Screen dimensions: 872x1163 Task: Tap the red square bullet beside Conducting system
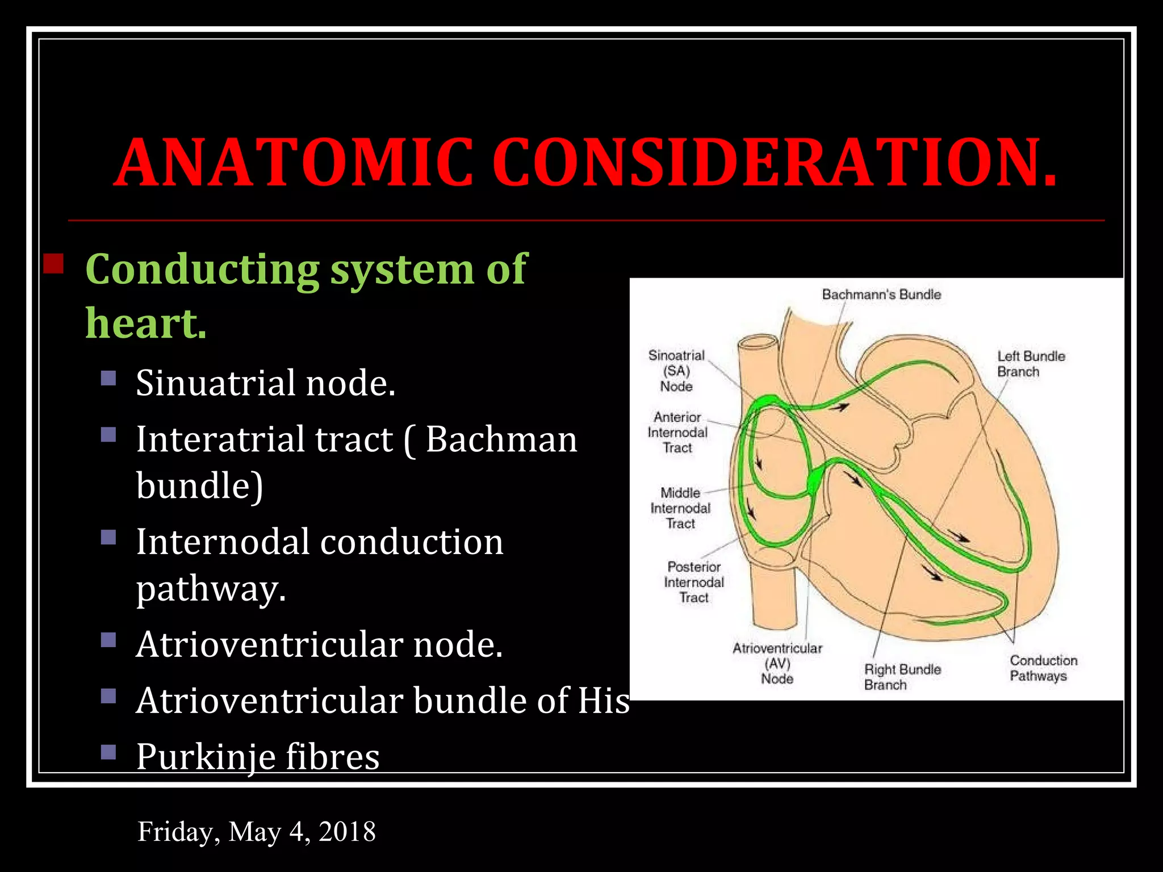pos(53,264)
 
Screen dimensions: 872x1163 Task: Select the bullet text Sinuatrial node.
pos(265,383)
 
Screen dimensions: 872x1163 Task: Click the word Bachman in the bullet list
pos(501,439)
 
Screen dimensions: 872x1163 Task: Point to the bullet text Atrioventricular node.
pos(319,644)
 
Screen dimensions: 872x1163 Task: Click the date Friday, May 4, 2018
pos(257,832)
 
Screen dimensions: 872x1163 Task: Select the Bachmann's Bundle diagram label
pos(881,295)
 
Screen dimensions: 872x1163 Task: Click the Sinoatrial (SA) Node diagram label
pos(676,371)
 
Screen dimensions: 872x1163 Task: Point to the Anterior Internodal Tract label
pos(677,433)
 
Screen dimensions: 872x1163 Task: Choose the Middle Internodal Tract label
pos(680,508)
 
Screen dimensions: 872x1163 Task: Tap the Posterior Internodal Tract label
pos(694,582)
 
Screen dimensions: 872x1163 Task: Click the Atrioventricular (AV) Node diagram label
pos(777,663)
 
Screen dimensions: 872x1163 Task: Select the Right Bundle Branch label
pos(902,677)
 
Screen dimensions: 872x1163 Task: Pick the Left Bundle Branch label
pos(1031,364)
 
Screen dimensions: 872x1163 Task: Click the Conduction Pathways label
pos(1043,668)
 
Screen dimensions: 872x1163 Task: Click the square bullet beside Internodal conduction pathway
pos(108,537)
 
